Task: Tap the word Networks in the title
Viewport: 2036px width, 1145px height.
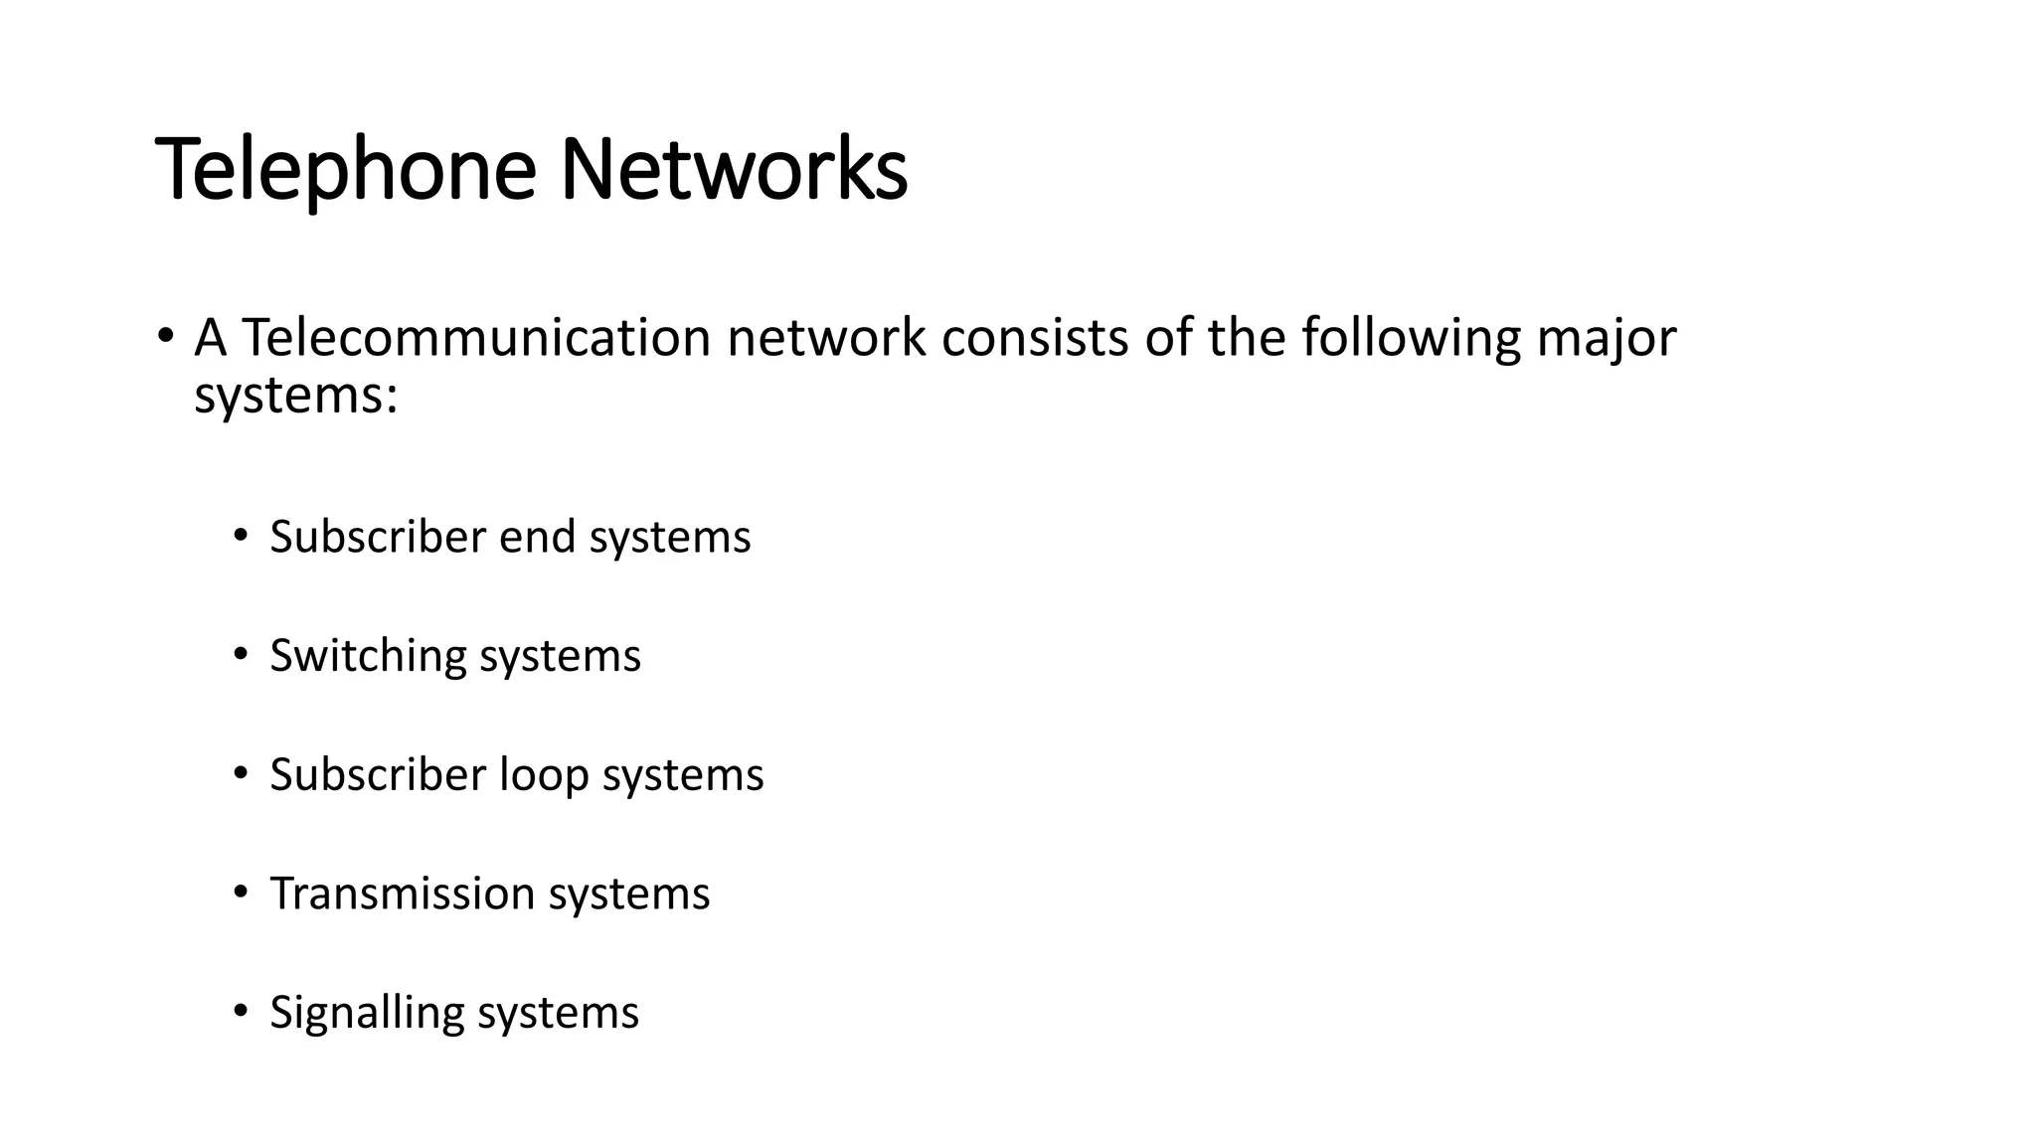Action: pos(734,169)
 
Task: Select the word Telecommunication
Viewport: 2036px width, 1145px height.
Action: pos(476,338)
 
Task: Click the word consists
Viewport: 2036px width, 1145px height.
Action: pos(1035,338)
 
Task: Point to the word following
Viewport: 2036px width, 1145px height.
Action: pos(1411,340)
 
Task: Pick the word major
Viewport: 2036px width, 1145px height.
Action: pos(1607,340)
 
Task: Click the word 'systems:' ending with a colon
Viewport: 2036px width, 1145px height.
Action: pos(295,398)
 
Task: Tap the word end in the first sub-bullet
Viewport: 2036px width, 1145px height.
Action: pos(537,537)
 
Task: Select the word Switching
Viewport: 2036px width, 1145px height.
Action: pos(368,657)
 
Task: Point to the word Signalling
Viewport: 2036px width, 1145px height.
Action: pos(366,1014)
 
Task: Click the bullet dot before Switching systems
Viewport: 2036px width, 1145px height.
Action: pos(240,655)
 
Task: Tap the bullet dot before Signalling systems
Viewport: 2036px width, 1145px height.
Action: pos(240,1012)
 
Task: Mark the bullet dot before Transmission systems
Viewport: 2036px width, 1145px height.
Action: pos(240,893)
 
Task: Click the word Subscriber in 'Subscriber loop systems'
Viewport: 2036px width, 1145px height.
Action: pos(378,774)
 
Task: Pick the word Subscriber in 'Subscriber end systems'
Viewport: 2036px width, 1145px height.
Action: pos(378,537)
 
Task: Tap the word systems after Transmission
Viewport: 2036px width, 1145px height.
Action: pos(629,895)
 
